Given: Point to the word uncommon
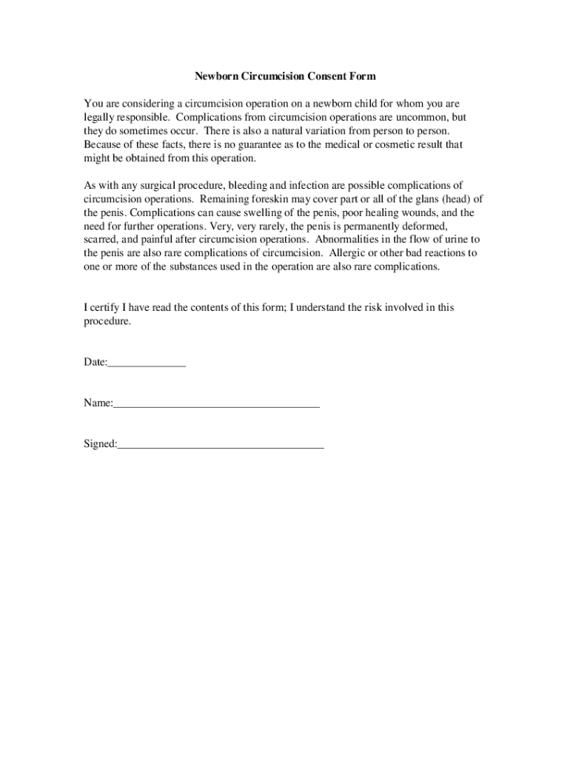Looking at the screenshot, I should point(412,118).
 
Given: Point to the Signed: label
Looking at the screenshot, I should point(100,444).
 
